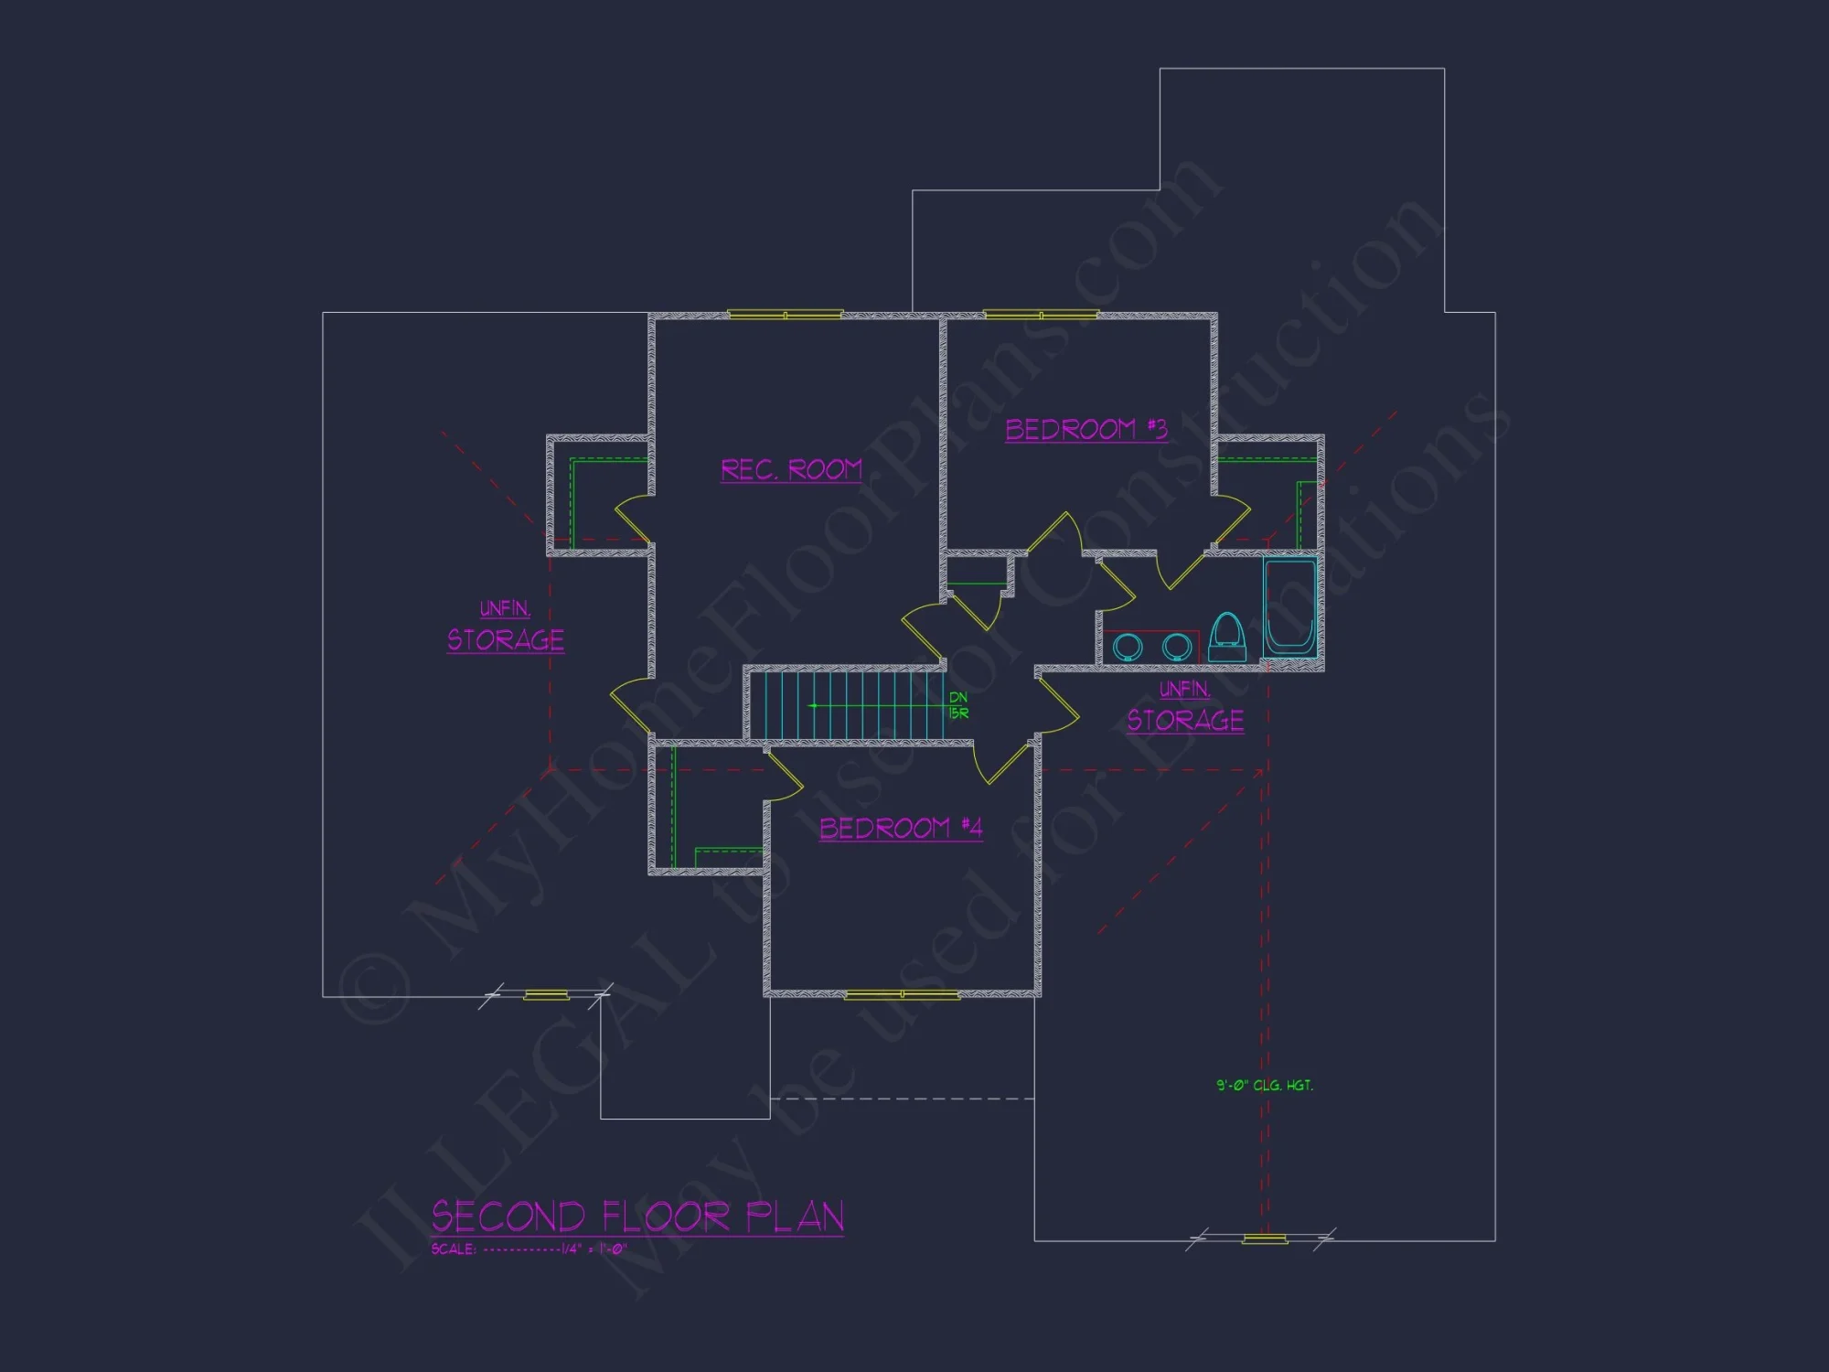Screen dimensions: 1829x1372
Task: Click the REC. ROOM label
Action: tap(791, 470)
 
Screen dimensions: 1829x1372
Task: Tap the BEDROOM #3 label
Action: tap(1086, 430)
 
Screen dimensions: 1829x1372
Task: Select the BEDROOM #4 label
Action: tap(900, 829)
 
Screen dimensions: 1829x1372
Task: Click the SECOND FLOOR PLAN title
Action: tap(637, 1217)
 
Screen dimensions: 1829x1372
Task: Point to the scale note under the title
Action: tap(529, 1249)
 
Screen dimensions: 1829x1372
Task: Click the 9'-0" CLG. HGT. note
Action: tap(1264, 1086)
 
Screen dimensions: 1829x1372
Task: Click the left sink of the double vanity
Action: tap(1128, 647)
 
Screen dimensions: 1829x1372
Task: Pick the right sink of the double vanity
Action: tap(1176, 647)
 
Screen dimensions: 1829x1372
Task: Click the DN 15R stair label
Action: tap(958, 705)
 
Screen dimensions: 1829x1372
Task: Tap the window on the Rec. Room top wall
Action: tap(785, 315)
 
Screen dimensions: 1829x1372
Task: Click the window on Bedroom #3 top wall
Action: tap(1041, 315)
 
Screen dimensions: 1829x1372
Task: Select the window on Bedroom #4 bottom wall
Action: tap(902, 994)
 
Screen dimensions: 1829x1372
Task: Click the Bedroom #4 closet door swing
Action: tap(785, 777)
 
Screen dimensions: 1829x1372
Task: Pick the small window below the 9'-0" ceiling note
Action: tap(1265, 1239)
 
